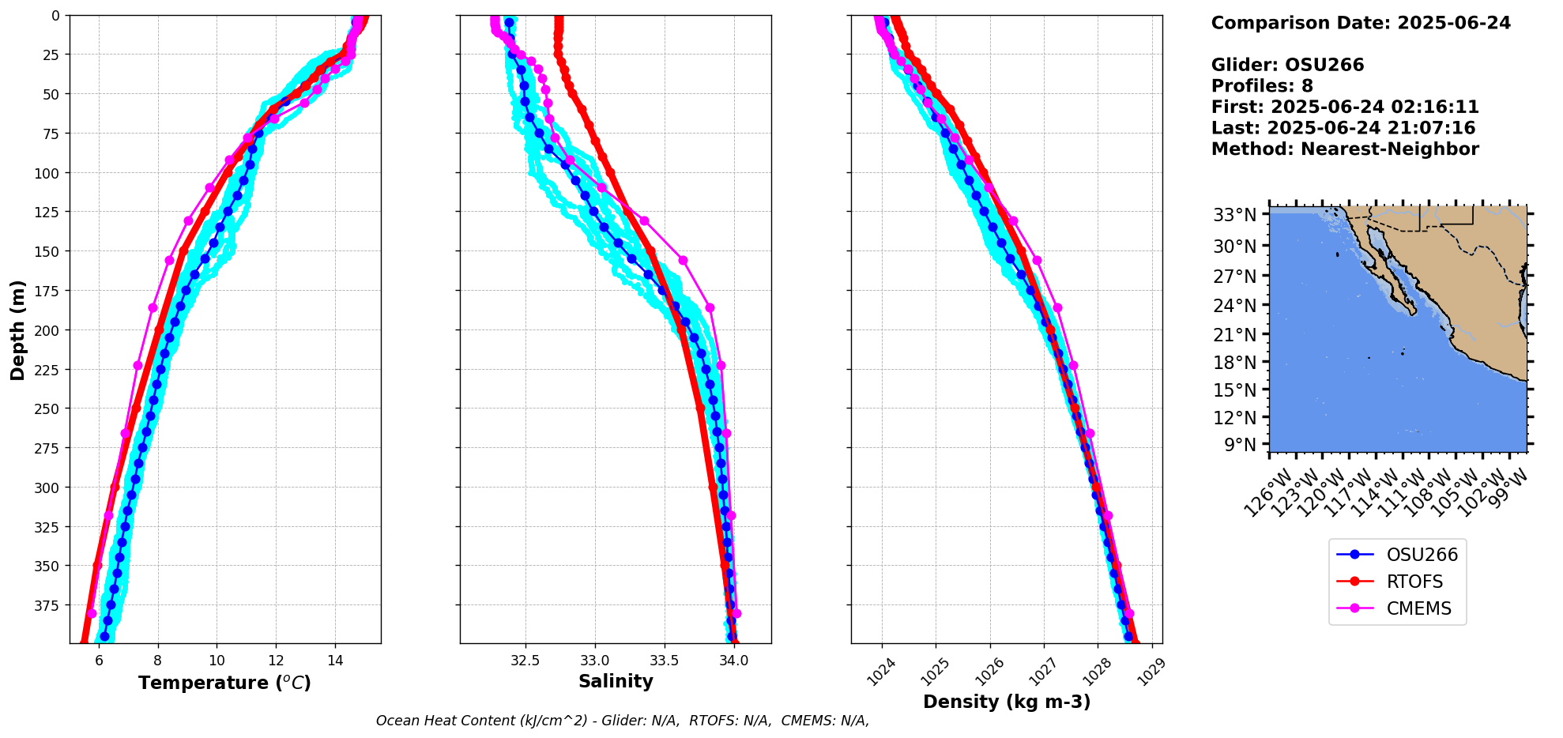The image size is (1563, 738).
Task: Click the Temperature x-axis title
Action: [x=224, y=683]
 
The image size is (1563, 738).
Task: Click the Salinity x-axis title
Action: [x=616, y=682]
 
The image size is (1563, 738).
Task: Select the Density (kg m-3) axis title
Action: [x=1006, y=702]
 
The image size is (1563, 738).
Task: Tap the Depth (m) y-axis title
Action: [x=17, y=329]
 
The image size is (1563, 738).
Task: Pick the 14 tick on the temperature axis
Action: [x=335, y=660]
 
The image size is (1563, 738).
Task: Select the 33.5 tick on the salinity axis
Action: [x=664, y=660]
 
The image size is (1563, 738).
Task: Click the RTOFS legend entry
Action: [x=1414, y=582]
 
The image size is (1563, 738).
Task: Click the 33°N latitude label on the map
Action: [x=1234, y=215]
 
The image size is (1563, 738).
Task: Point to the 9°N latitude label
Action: [x=1240, y=445]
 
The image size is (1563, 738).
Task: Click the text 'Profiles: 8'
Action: [x=1262, y=86]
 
